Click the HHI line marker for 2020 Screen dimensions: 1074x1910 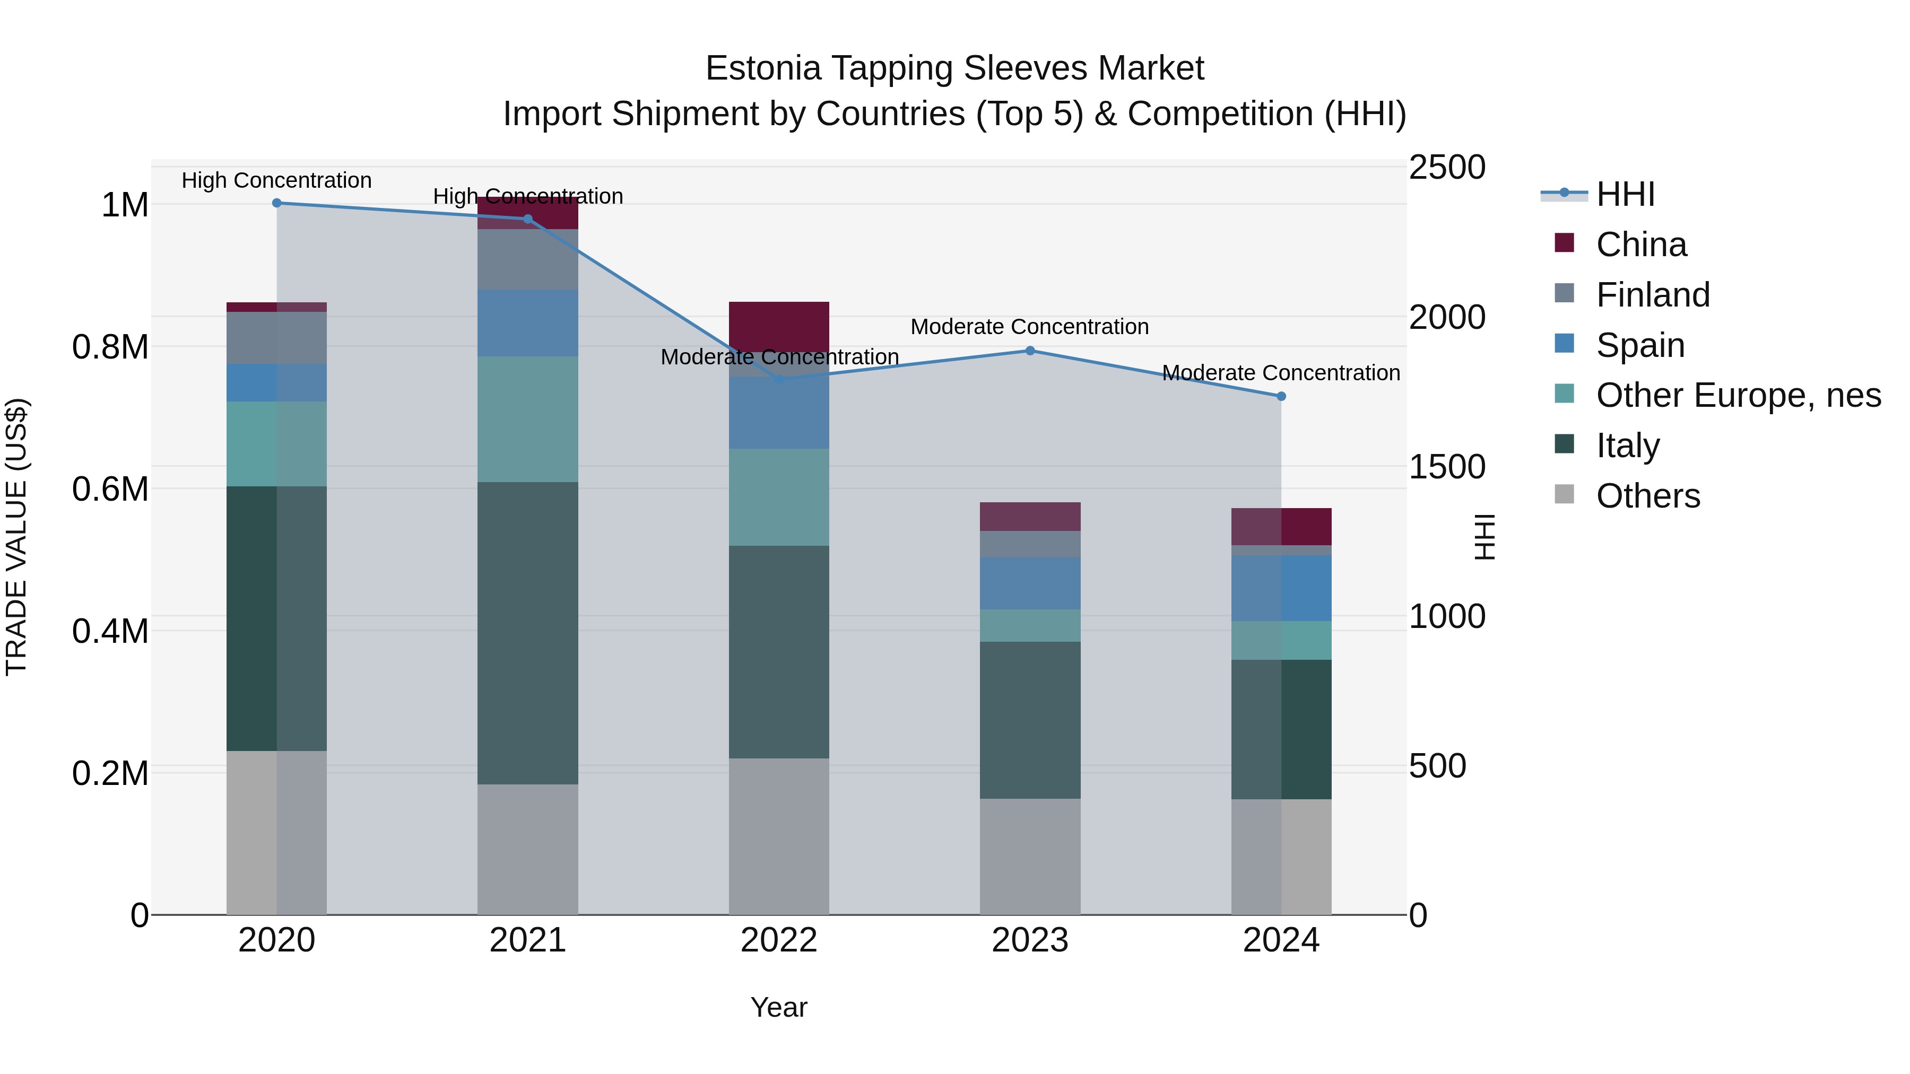pyautogui.click(x=276, y=203)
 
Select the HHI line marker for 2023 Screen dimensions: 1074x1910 pyautogui.click(x=1030, y=351)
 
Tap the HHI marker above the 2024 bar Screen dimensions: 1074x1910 pyautogui.click(x=1281, y=397)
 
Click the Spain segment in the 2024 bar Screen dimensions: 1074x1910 pyautogui.click(x=1281, y=588)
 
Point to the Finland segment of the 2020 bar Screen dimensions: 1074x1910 pyautogui.click(x=276, y=338)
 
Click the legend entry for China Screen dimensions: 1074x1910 pyautogui.click(x=1641, y=245)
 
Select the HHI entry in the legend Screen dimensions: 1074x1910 pyautogui.click(x=1625, y=194)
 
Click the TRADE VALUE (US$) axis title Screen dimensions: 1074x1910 pyautogui.click(x=16, y=537)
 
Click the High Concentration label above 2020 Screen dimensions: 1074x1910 pyautogui.click(x=276, y=180)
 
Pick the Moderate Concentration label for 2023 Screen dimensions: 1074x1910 pyautogui.click(x=1029, y=326)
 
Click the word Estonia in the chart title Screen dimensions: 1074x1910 pyautogui.click(x=763, y=68)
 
